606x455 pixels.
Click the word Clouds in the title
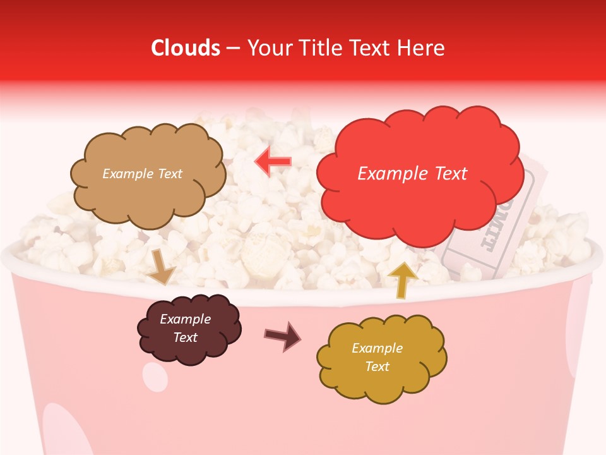tap(186, 48)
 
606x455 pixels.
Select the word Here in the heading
tap(422, 48)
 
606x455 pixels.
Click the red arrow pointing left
tap(273, 162)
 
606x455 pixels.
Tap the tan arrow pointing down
tap(161, 267)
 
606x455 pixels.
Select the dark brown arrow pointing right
tap(283, 336)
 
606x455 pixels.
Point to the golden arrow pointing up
tap(402, 279)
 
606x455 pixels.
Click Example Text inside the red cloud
tap(412, 174)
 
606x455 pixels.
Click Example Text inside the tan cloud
tap(142, 174)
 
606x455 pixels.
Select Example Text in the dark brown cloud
tap(186, 329)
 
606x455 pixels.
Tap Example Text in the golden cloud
tap(377, 357)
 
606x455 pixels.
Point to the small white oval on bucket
tap(155, 377)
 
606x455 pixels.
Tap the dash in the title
tap(232, 48)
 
